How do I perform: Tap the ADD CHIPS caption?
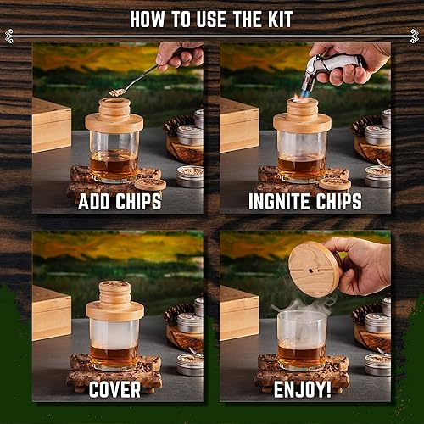(117, 202)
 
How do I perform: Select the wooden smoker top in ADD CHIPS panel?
(114, 114)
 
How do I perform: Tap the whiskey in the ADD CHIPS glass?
(114, 165)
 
